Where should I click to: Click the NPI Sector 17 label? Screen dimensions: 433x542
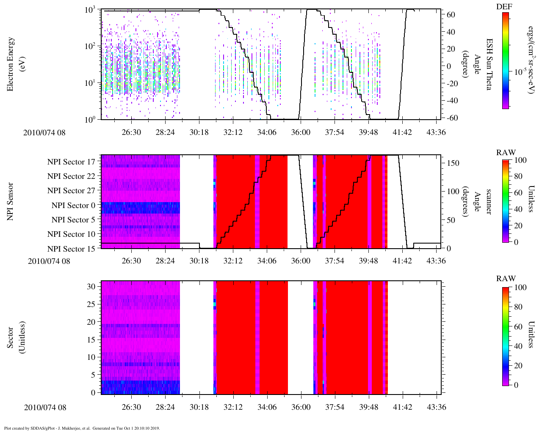[x=71, y=162]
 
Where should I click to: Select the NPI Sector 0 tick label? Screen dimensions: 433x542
[x=73, y=206]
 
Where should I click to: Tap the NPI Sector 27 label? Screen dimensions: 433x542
[x=71, y=191]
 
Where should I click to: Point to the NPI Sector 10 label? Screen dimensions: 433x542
[x=71, y=234]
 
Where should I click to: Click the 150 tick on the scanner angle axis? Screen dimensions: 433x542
[x=454, y=163]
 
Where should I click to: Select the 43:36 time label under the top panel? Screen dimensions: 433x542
[x=436, y=132]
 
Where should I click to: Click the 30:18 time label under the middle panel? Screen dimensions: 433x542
[x=199, y=261]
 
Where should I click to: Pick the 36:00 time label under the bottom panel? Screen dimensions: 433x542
[x=301, y=407]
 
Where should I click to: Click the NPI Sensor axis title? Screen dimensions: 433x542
[x=11, y=201]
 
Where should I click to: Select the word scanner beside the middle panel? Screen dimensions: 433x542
[x=488, y=201]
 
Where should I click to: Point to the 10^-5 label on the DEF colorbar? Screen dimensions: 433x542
[x=520, y=72]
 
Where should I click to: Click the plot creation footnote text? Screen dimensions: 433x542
[x=82, y=428]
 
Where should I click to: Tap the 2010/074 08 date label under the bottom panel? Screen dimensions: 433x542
[x=45, y=408]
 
